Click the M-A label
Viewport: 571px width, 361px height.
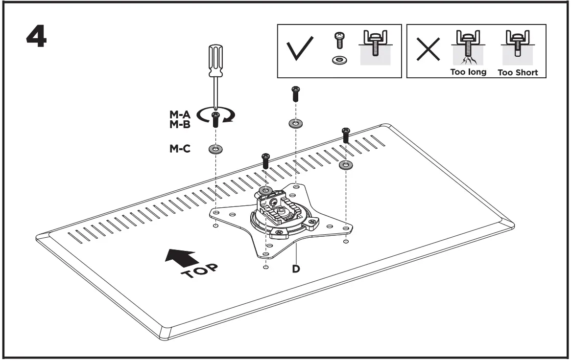coord(179,114)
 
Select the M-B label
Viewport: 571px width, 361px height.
coord(179,124)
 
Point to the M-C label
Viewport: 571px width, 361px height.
coord(179,148)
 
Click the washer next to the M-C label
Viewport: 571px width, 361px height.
coord(214,149)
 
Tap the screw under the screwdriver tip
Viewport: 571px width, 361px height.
coord(214,119)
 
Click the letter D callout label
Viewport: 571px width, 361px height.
coord(296,269)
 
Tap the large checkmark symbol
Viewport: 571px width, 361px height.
coord(300,51)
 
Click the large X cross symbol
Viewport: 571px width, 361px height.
coord(427,51)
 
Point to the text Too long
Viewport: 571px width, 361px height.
coord(468,72)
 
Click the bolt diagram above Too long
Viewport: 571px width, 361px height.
coord(468,48)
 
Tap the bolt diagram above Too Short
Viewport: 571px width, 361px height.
coord(517,48)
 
